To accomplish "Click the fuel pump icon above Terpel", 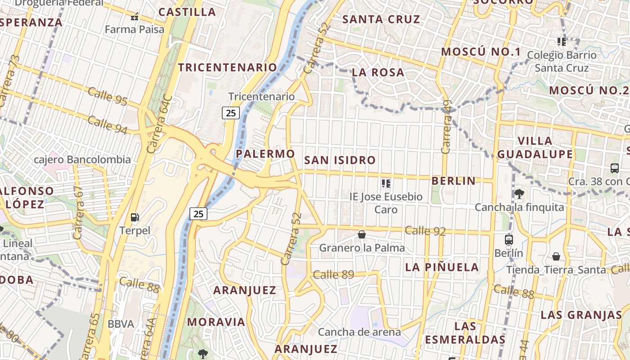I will pyautogui.click(x=135, y=217).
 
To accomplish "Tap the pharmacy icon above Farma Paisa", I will pyautogui.click(x=134, y=17).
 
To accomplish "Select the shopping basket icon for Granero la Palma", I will pyautogui.click(x=362, y=234).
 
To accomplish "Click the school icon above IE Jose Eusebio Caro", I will pyautogui.click(x=386, y=183).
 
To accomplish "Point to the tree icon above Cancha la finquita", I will pyautogui.click(x=519, y=194).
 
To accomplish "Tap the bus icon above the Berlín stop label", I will pyautogui.click(x=509, y=239).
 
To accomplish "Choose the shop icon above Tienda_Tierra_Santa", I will pyautogui.click(x=556, y=256).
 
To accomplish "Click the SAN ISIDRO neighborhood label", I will pyautogui.click(x=340, y=160).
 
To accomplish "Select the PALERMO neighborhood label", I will pyautogui.click(x=265, y=154).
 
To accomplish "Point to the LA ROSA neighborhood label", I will pyautogui.click(x=378, y=72).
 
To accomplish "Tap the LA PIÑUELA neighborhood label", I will pyautogui.click(x=442, y=267).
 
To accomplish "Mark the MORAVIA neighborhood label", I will pyautogui.click(x=216, y=322).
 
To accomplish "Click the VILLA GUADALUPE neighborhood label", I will pyautogui.click(x=535, y=148).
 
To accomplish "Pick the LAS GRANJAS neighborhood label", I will pyautogui.click(x=581, y=315).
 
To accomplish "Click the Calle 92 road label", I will pyautogui.click(x=425, y=231).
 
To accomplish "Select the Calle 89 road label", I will pyautogui.click(x=333, y=274).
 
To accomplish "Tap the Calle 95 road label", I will pyautogui.click(x=108, y=96).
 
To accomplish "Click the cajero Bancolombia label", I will pyautogui.click(x=83, y=160).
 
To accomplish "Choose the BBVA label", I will pyautogui.click(x=121, y=324).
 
